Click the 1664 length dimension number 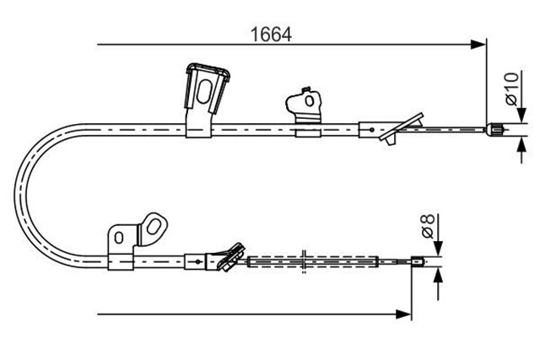[271, 35]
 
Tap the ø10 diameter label [512, 89]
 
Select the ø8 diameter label [428, 226]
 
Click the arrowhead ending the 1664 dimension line [478, 45]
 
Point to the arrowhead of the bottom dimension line [403, 314]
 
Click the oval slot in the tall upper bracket [204, 91]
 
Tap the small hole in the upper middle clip [310, 100]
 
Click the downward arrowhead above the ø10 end [522, 116]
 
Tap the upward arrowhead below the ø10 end [522, 144]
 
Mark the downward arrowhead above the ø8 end [438, 249]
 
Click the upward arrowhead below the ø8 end [438, 275]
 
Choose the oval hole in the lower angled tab [153, 227]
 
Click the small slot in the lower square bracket [119, 238]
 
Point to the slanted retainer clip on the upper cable [402, 127]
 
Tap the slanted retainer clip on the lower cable [231, 257]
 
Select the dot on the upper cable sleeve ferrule [371, 130]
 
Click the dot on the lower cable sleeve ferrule [197, 261]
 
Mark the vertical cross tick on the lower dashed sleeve [304, 261]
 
